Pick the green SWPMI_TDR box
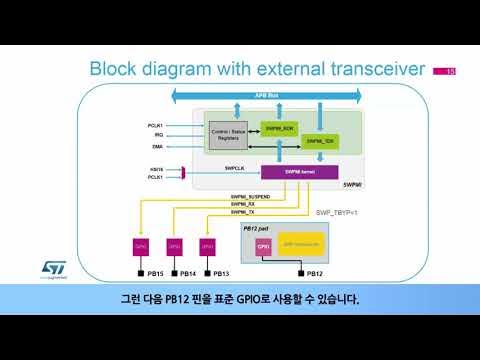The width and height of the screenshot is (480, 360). click(x=319, y=142)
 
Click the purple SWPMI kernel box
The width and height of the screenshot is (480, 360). click(x=300, y=172)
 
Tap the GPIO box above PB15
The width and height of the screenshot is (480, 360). click(x=141, y=244)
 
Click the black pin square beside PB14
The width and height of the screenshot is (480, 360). click(x=172, y=273)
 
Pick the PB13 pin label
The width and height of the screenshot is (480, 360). click(x=220, y=273)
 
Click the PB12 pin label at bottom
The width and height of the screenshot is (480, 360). click(x=313, y=273)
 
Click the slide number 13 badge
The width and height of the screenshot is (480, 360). click(x=445, y=70)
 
